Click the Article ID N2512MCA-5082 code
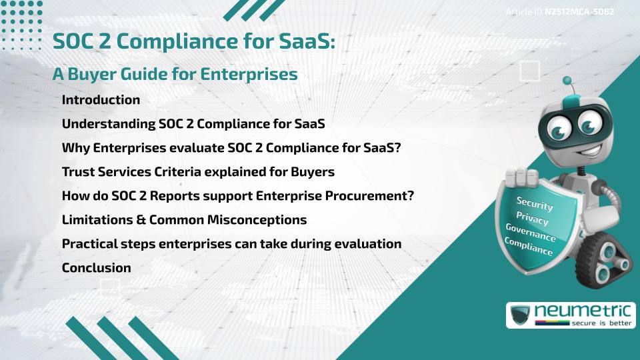coord(579,12)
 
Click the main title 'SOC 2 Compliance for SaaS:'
coord(193,42)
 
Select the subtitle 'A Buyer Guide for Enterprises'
coord(175,75)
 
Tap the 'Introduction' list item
coord(101,100)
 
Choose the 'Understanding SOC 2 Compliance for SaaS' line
coord(193,124)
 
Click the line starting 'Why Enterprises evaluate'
coord(231,148)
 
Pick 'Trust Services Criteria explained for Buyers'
coord(198,172)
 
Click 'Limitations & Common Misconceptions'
coord(184,219)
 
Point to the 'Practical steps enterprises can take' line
coord(231,243)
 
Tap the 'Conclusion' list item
coord(96,267)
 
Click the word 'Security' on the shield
coord(535,204)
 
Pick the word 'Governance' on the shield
coord(531,233)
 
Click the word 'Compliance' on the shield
coord(529,247)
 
